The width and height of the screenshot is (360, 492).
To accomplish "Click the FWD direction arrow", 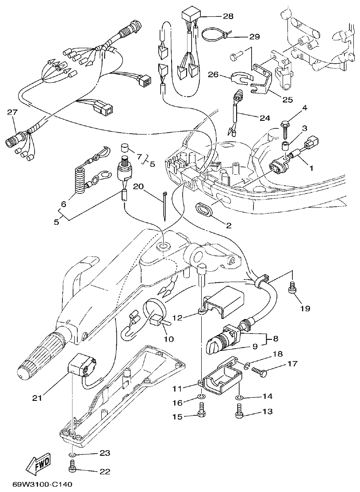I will pos(38,463).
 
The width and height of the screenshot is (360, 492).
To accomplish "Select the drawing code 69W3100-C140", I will pos(42,484).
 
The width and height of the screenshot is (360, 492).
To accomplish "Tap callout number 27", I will pos(12,112).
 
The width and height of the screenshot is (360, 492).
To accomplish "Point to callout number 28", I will pos(228,16).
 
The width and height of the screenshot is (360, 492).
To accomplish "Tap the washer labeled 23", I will pos(73,454).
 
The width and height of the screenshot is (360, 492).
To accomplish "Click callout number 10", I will pos(169,339).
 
